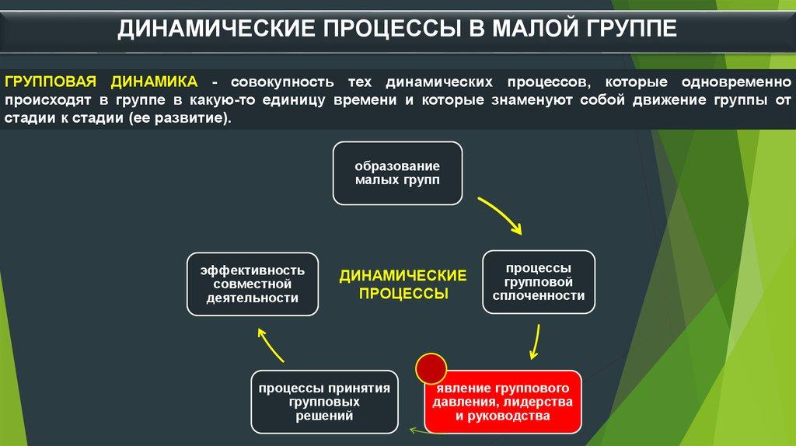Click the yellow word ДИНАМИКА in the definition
(154, 82)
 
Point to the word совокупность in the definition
(284, 82)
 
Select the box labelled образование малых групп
(397, 173)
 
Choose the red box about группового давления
(503, 402)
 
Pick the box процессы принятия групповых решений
(324, 402)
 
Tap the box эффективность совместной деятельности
(253, 284)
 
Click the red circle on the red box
(431, 368)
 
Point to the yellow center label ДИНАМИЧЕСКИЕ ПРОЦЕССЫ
(402, 284)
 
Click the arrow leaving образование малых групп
(501, 214)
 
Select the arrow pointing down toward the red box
(535, 341)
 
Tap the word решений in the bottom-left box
(324, 416)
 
